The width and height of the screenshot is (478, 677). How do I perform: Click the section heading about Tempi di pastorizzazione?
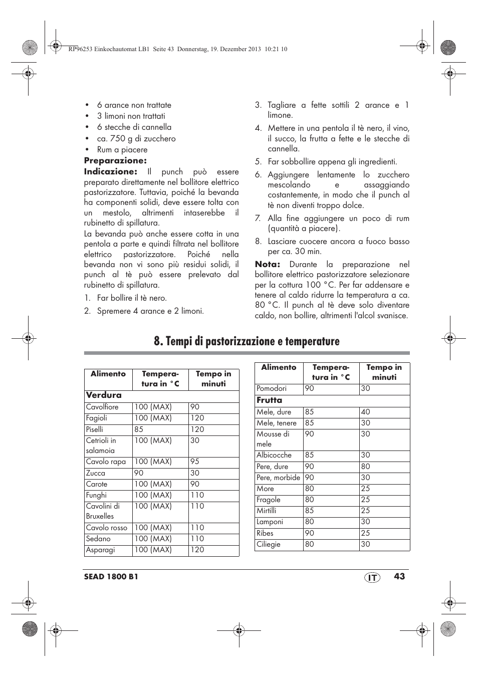(247, 341)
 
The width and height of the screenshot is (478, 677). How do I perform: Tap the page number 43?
(399, 576)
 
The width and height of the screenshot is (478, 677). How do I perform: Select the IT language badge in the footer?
(372, 577)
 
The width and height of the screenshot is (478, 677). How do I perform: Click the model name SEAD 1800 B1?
(111, 577)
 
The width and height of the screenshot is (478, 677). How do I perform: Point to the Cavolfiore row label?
(102, 407)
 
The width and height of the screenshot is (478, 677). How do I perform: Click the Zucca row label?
(96, 473)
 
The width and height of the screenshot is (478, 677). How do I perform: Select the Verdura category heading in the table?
(104, 395)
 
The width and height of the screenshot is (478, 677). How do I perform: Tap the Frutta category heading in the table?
(270, 400)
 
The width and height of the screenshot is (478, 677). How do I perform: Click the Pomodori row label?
(272, 388)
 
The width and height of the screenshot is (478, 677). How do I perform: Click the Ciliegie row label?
(269, 544)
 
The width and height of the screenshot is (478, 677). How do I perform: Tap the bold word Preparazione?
(115, 160)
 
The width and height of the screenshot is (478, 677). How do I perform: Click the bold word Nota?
(267, 264)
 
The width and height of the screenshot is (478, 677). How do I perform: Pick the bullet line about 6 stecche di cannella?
(134, 127)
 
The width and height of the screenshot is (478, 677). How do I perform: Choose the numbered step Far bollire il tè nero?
(132, 298)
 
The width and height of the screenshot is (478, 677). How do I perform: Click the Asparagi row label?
(100, 550)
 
